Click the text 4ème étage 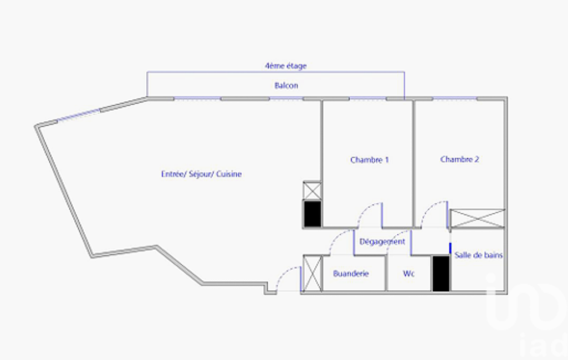click(x=286, y=65)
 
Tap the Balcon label click(x=286, y=85)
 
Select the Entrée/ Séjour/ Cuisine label click(x=201, y=174)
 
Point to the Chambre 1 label click(x=370, y=160)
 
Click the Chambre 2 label click(x=460, y=159)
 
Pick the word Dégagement click(x=382, y=241)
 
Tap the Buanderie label click(x=351, y=274)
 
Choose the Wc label click(x=408, y=274)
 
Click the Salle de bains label click(x=479, y=255)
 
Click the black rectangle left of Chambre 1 click(x=312, y=214)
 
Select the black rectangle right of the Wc click(x=441, y=274)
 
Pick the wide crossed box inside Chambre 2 click(x=477, y=218)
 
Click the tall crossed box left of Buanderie click(x=312, y=274)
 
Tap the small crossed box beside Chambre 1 click(x=312, y=191)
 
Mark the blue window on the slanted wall click(x=79, y=115)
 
